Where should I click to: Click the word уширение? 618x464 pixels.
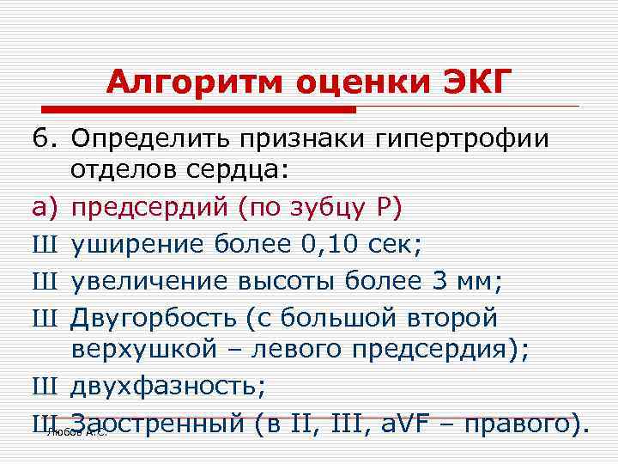[x=137, y=245]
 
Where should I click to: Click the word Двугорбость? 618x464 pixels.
[x=154, y=318]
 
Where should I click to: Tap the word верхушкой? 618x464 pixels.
[x=137, y=351]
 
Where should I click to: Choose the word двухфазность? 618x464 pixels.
[x=168, y=388]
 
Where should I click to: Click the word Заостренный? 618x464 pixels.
[x=159, y=424]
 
